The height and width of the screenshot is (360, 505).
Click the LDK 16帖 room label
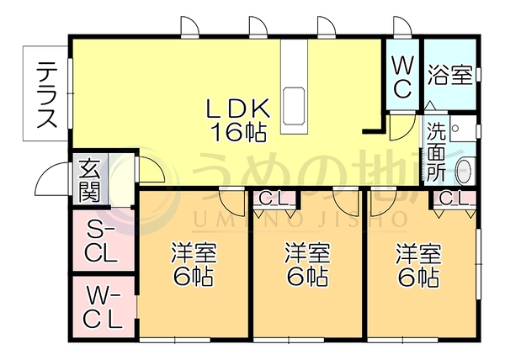[237, 120]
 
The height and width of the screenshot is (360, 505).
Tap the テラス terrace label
[47, 94]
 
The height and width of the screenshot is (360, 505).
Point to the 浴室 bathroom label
[450, 76]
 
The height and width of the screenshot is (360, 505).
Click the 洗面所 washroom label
[436, 151]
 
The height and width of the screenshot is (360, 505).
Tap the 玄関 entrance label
[90, 180]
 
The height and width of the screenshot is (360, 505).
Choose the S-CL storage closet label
[100, 243]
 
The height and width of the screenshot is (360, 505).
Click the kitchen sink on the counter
[294, 106]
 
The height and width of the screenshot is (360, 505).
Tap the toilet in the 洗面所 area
[465, 171]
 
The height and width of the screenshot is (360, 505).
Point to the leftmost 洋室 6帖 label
[194, 264]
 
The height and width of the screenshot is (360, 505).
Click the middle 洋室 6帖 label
[307, 264]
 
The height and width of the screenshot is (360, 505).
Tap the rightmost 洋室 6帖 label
[418, 264]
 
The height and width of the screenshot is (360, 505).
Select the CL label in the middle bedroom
[273, 199]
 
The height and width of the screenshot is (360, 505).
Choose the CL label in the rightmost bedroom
[453, 199]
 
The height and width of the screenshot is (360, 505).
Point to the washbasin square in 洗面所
[463, 129]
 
